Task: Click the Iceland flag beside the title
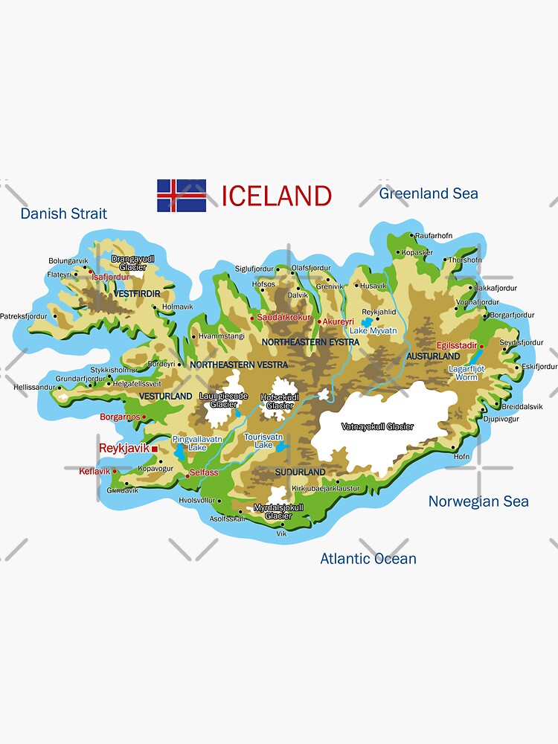(x=182, y=196)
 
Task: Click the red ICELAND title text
(x=276, y=196)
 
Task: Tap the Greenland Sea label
(x=429, y=193)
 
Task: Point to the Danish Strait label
(x=64, y=214)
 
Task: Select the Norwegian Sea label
(x=478, y=501)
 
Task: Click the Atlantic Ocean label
(x=368, y=559)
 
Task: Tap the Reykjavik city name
(x=124, y=449)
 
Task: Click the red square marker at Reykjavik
(x=155, y=449)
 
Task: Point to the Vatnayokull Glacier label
(x=377, y=427)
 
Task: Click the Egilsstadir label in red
(x=456, y=346)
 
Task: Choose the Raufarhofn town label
(x=434, y=236)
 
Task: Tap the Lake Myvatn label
(x=373, y=330)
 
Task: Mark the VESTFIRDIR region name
(x=138, y=295)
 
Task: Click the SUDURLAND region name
(x=301, y=472)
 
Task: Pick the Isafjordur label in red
(x=110, y=277)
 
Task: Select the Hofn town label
(x=461, y=457)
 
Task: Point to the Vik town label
(x=281, y=533)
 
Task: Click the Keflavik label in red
(x=94, y=471)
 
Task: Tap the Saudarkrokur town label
(x=283, y=318)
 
